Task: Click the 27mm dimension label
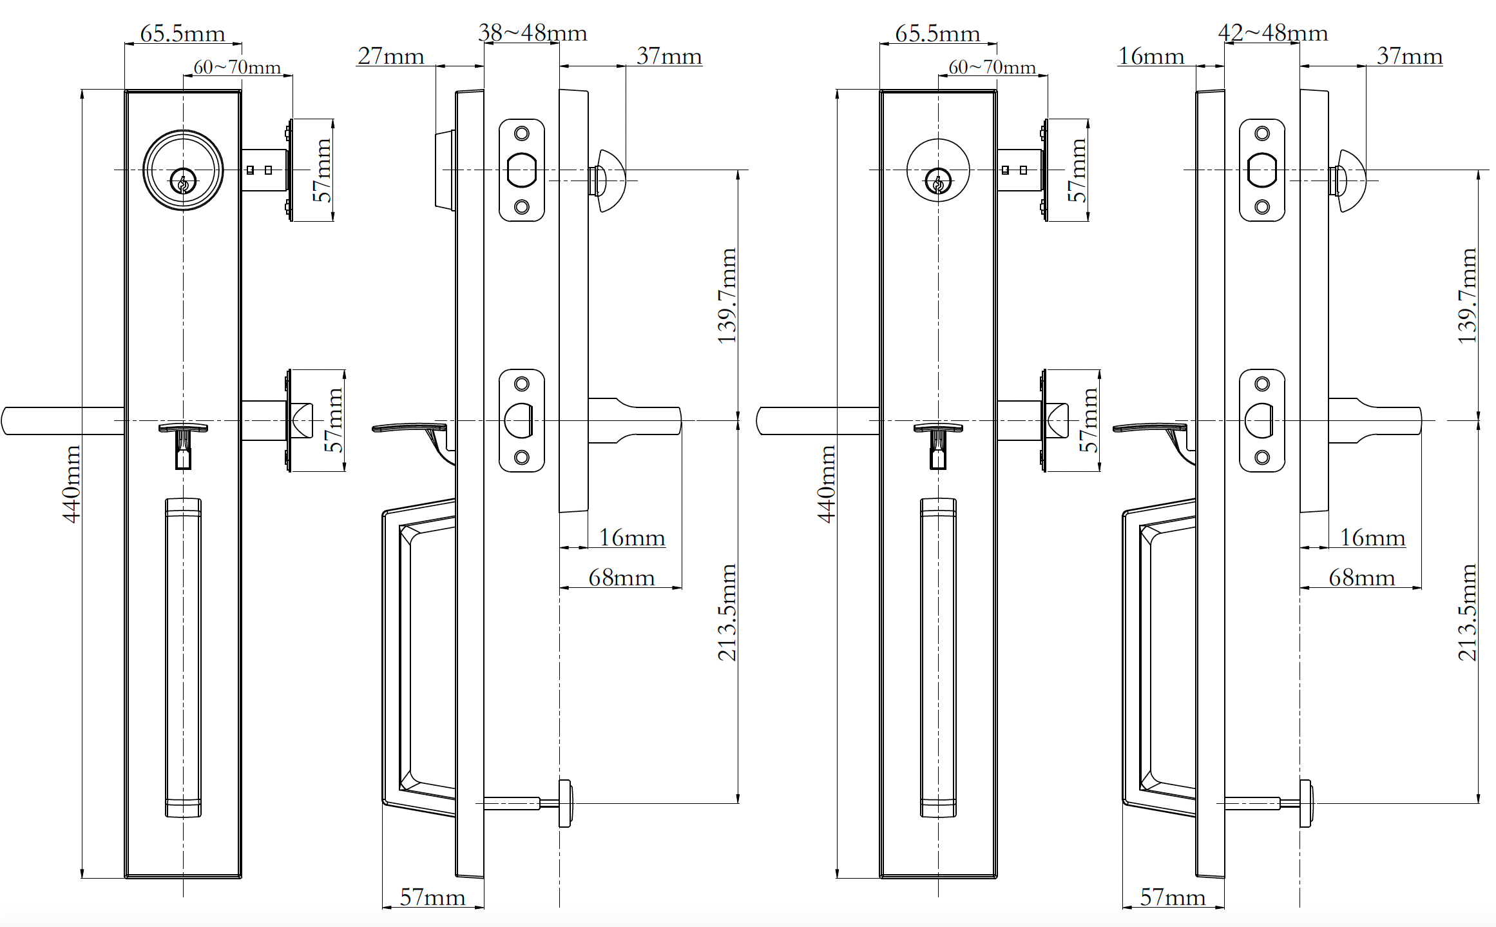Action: click(x=390, y=56)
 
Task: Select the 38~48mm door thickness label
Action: click(x=532, y=33)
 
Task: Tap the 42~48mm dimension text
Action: click(x=1272, y=33)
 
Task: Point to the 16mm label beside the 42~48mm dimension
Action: click(x=1151, y=56)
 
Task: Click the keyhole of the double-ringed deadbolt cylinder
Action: click(x=183, y=181)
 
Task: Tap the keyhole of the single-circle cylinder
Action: click(x=938, y=181)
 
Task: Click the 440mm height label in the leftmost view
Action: click(x=72, y=483)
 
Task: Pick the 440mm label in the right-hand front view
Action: click(x=827, y=483)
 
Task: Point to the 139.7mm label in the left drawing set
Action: click(x=727, y=295)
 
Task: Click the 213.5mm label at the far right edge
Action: click(x=1468, y=612)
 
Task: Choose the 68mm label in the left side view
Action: click(x=621, y=578)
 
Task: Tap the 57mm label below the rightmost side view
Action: click(x=1172, y=897)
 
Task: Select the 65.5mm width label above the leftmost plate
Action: click(x=182, y=34)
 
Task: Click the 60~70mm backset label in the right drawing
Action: click(x=992, y=67)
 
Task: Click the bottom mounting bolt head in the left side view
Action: click(x=565, y=803)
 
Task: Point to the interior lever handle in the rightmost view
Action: click(x=1379, y=420)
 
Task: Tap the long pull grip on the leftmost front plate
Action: click(x=183, y=658)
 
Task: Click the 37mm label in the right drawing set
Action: click(x=1409, y=56)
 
